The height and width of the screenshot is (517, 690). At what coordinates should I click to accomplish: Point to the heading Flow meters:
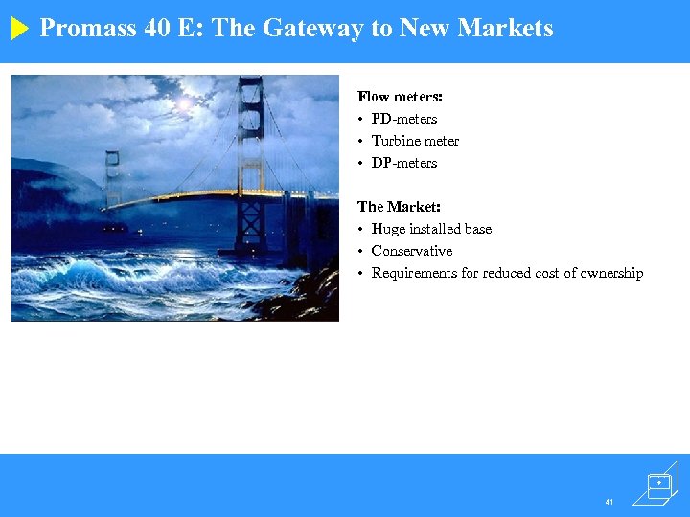(400, 97)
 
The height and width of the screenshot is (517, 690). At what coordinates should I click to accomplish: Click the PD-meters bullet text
(404, 119)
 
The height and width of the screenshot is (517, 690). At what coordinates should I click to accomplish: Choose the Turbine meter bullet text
(415, 141)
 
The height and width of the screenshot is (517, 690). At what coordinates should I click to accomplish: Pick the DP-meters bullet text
(404, 163)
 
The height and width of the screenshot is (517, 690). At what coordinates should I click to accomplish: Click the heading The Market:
(399, 207)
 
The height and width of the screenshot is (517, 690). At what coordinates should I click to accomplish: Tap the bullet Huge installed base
(431, 229)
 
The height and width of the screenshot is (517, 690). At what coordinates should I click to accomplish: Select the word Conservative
(412, 251)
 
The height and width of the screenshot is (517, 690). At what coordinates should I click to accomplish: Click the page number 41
(609, 501)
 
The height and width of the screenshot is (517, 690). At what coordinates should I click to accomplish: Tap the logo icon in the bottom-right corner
(660, 483)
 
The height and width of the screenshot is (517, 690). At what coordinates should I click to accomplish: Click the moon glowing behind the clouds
(183, 101)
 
